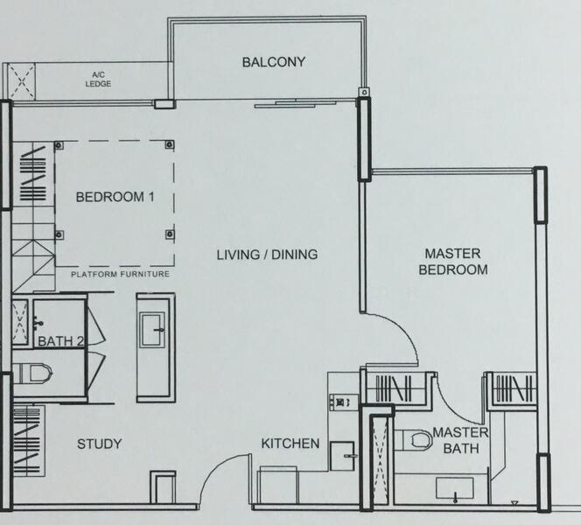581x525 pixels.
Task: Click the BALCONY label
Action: (274, 62)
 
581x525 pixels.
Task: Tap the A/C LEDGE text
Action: (98, 80)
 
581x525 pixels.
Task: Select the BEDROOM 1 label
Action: (115, 197)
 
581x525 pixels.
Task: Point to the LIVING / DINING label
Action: (267, 255)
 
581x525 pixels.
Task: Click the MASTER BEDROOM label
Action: (453, 262)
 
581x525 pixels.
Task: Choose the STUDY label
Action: (99, 444)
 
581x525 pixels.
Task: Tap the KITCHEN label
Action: (290, 444)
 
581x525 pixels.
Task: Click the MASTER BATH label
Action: (460, 440)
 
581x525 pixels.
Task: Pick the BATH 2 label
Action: (61, 341)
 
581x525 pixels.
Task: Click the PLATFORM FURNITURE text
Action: (121, 275)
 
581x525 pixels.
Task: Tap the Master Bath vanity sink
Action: (455, 488)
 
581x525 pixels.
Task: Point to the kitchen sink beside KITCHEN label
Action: (342, 456)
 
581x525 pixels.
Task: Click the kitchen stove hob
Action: (344, 402)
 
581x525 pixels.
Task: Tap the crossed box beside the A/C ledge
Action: (22, 81)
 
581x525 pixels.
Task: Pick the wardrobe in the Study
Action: (29, 441)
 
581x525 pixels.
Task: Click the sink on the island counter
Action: (152, 330)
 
